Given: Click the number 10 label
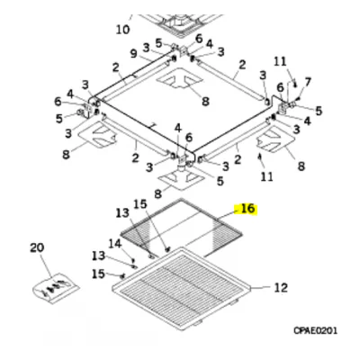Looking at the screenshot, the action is (x=122, y=30).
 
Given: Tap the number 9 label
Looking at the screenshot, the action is (x=134, y=53).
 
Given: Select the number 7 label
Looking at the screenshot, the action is (x=308, y=82).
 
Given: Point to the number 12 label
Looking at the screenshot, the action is (x=281, y=288).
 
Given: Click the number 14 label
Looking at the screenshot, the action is (x=114, y=243).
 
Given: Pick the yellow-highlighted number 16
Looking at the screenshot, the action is (x=247, y=209).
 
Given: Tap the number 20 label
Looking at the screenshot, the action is (x=37, y=247).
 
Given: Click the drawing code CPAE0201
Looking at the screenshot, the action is (x=316, y=330).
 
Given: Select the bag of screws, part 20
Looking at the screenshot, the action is (x=56, y=288).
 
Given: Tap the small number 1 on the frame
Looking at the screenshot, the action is (x=153, y=126).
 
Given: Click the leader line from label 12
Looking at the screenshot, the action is (x=261, y=288).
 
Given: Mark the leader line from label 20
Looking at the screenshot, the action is (x=46, y=265).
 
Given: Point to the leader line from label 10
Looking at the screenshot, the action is (x=130, y=18).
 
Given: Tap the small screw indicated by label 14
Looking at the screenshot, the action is (x=133, y=259).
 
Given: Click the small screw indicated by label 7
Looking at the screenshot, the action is (x=299, y=99).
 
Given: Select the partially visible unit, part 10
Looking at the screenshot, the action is (x=178, y=23).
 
